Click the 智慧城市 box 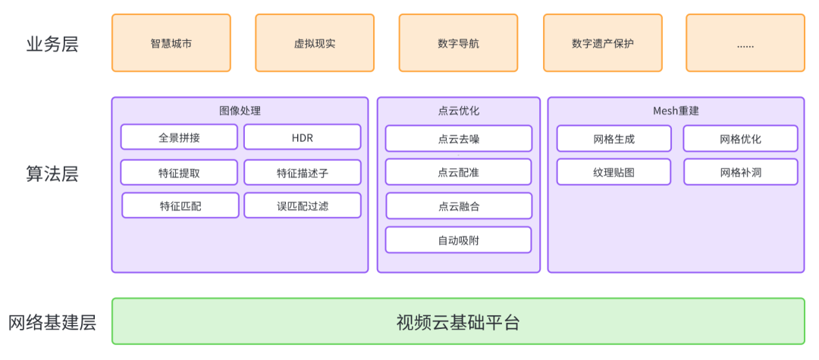(171, 43)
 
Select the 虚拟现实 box (314, 43)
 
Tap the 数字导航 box (458, 43)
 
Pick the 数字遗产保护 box (602, 43)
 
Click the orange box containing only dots (745, 43)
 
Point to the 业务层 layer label (52, 44)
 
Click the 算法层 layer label (52, 174)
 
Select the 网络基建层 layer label (52, 322)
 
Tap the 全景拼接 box (179, 137)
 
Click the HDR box (302, 137)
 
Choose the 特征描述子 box (302, 172)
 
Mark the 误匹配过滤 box (302, 205)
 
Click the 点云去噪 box (458, 139)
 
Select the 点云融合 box (458, 205)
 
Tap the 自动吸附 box (458, 239)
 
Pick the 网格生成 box (613, 139)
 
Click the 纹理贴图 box (613, 172)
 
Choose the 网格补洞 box (740, 172)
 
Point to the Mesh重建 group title (676, 111)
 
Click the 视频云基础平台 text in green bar (458, 322)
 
